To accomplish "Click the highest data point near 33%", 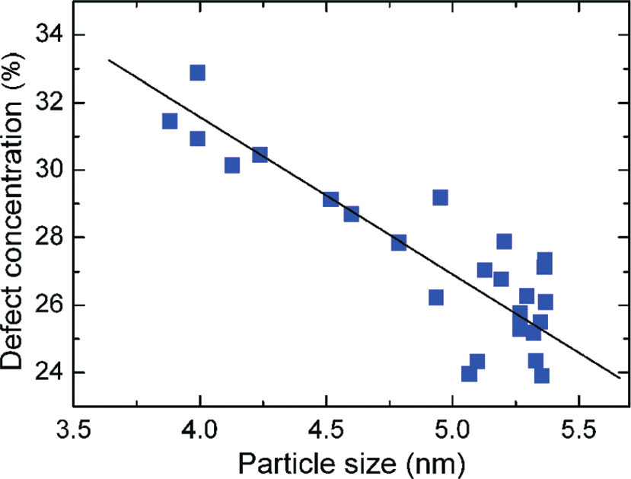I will click(197, 73).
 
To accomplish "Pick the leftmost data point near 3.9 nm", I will click(170, 122).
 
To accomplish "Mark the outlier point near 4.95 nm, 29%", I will click(440, 198).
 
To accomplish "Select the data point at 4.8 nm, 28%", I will click(399, 242).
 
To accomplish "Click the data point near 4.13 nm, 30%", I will click(232, 165).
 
